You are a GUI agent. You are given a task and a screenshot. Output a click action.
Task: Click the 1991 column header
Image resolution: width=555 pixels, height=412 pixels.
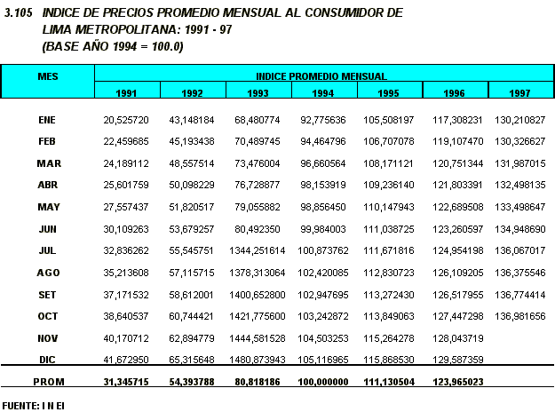tap(126, 93)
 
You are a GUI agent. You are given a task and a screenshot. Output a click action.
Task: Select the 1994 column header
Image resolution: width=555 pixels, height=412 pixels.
tap(323, 93)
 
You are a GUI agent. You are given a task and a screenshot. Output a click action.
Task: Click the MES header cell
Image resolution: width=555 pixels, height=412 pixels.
tap(48, 77)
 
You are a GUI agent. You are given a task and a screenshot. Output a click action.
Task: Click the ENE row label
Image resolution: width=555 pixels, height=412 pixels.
tap(48, 119)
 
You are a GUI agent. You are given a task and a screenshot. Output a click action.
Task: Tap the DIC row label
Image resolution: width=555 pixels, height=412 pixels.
tap(48, 358)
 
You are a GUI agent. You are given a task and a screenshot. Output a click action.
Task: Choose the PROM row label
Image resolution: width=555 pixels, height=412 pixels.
tap(48, 381)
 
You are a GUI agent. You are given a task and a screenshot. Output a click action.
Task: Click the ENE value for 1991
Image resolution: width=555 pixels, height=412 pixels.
tap(126, 119)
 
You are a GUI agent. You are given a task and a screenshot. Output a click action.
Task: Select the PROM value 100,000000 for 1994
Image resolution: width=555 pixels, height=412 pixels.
tap(323, 381)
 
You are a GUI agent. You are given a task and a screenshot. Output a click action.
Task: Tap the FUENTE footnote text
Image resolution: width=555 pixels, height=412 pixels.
tap(33, 405)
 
